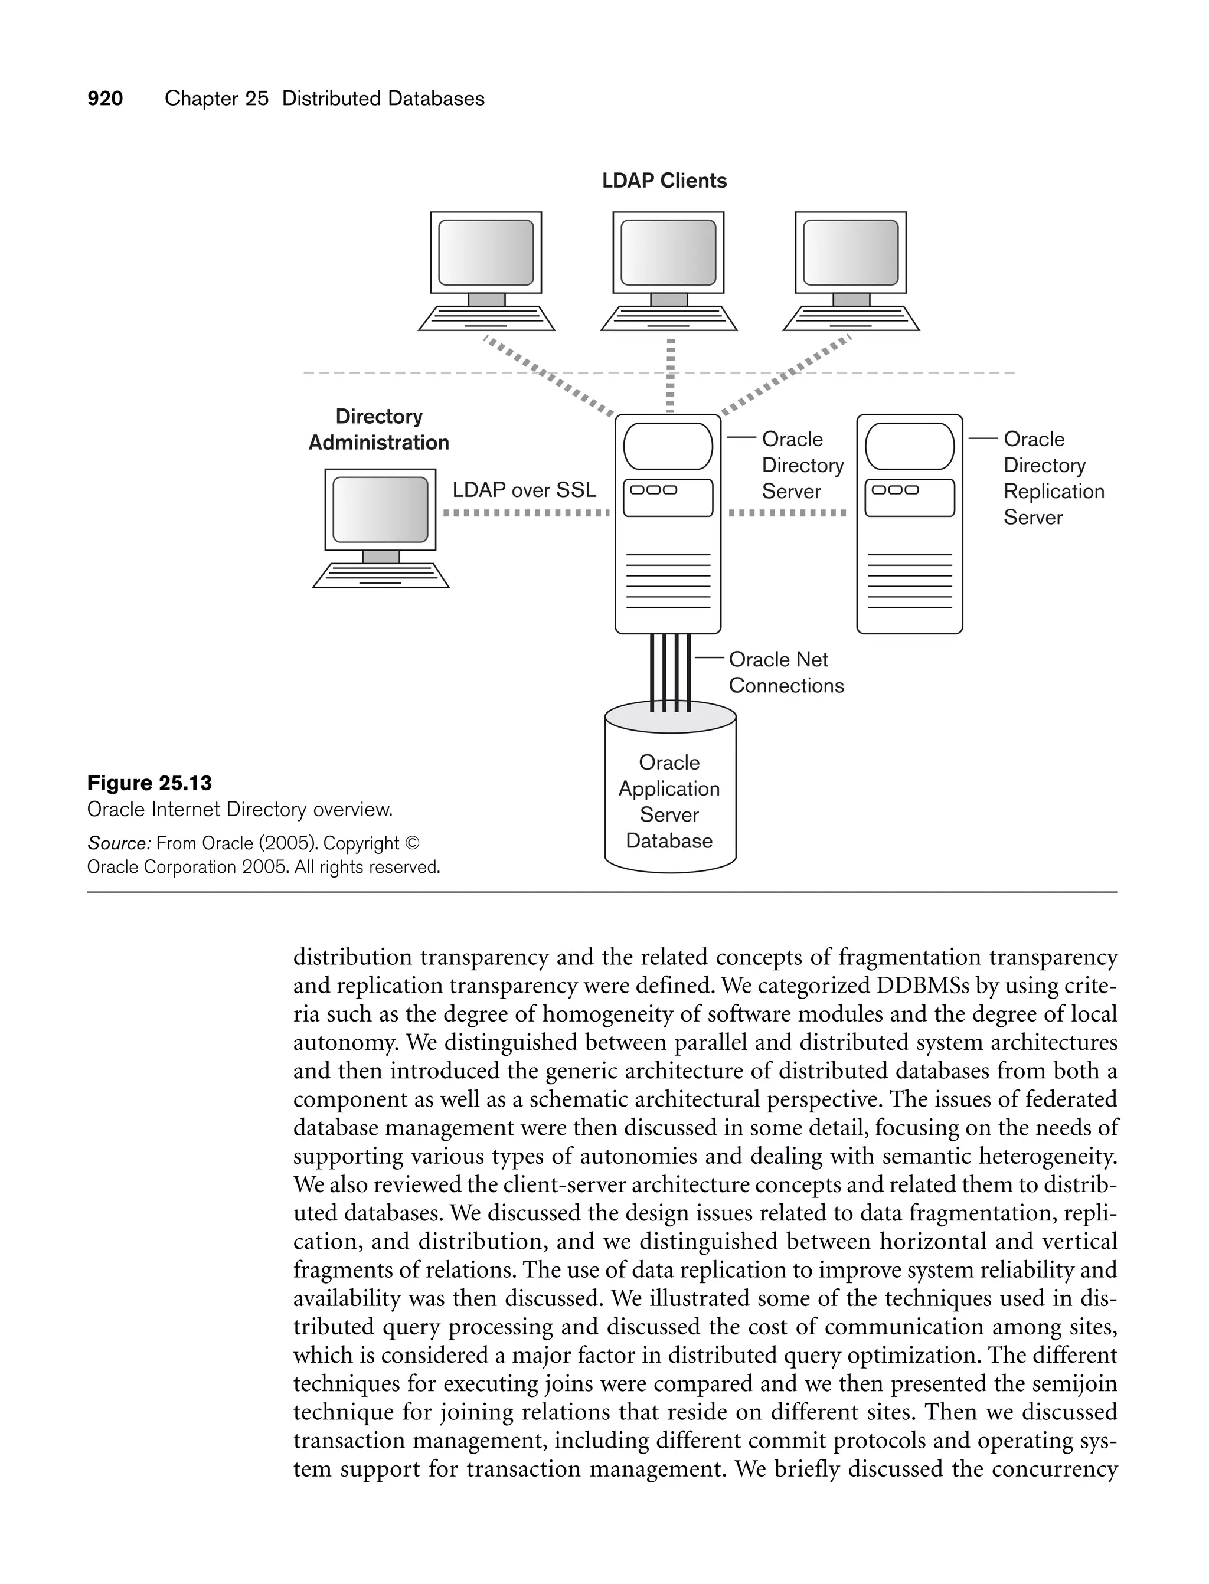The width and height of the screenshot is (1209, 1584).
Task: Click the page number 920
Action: (x=105, y=99)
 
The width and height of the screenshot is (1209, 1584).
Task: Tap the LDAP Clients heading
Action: (x=664, y=181)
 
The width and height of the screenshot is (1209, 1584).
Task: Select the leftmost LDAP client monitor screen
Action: (x=486, y=253)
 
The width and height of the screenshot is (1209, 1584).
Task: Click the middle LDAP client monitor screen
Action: (x=668, y=253)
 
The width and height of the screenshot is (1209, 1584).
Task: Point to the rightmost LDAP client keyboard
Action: (x=851, y=319)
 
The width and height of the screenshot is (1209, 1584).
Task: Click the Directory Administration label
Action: (x=378, y=430)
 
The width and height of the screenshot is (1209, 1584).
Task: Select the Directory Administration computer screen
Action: (x=380, y=509)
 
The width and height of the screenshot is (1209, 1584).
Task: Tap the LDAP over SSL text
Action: (x=524, y=490)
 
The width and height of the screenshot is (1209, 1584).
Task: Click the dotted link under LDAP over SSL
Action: (x=525, y=513)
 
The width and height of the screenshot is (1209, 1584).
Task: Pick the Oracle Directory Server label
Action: (x=802, y=466)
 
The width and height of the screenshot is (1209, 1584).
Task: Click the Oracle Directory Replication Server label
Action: (x=1053, y=479)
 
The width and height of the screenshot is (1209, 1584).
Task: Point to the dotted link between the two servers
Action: (x=788, y=513)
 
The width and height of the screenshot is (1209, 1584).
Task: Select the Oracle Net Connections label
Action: (x=785, y=673)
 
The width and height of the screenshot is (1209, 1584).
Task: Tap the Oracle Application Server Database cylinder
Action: (x=669, y=798)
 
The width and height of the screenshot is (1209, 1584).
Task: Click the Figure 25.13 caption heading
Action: (x=150, y=783)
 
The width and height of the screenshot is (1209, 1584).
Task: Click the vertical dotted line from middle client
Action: (x=670, y=374)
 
